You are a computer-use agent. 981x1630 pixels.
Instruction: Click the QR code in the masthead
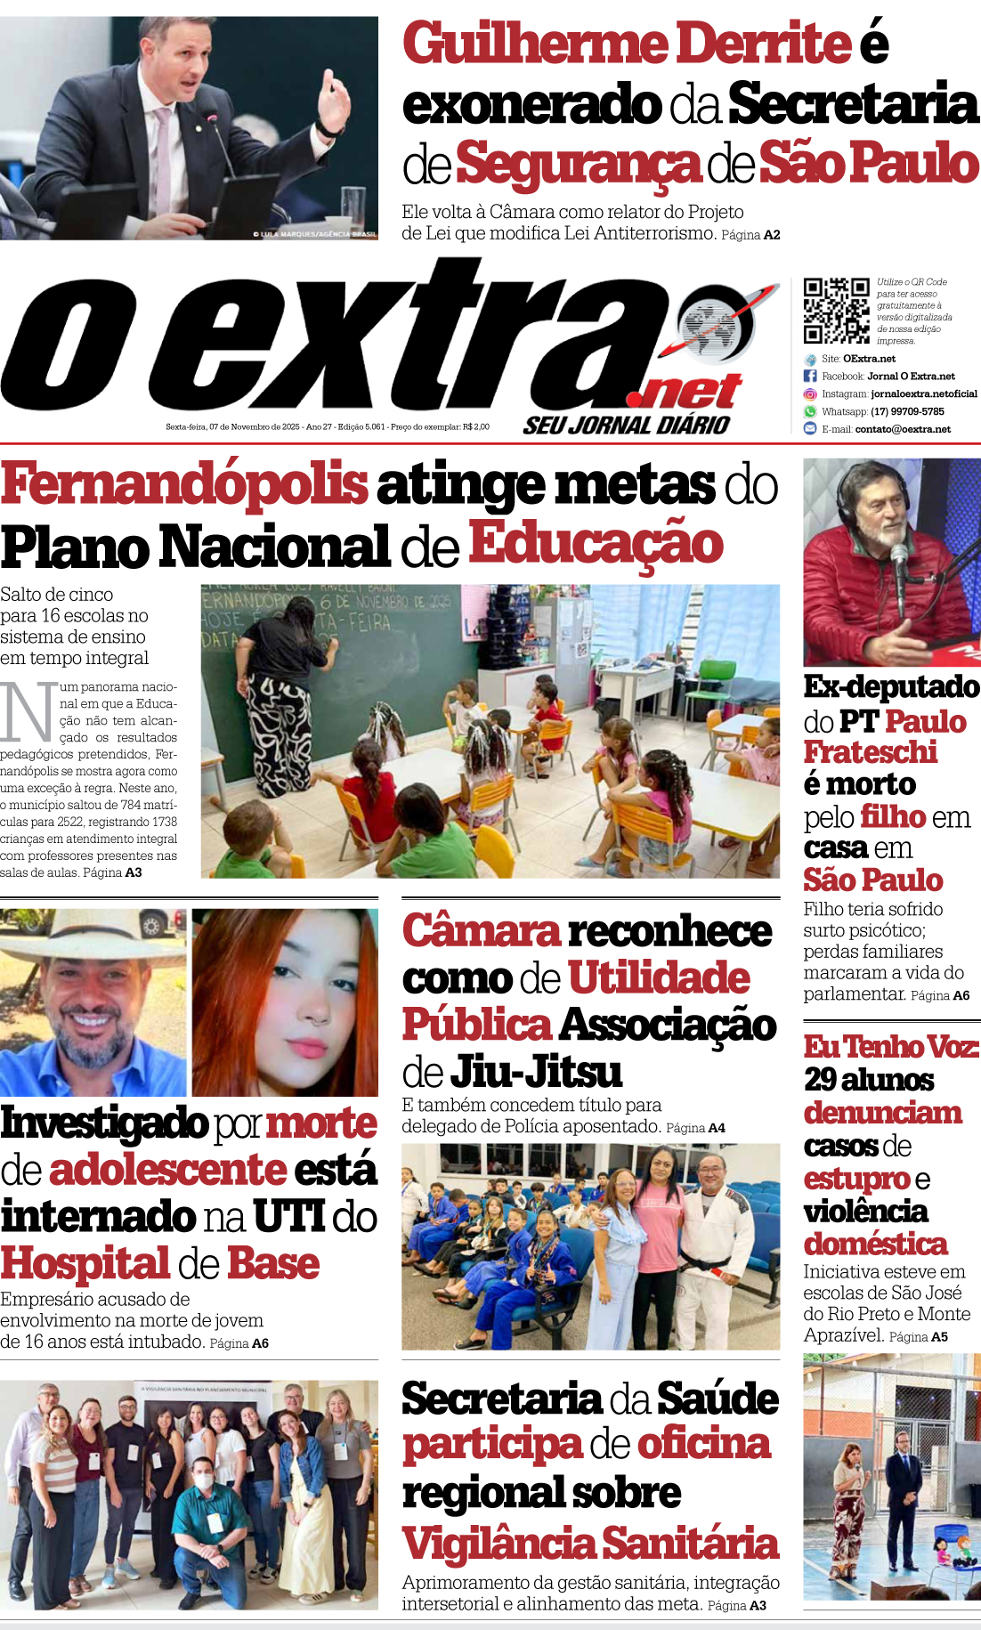tap(836, 311)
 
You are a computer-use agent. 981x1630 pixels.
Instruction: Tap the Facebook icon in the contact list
tap(810, 377)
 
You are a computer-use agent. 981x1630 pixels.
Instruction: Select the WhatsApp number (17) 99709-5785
tap(907, 411)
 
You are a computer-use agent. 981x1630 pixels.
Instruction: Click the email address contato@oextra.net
tap(903, 429)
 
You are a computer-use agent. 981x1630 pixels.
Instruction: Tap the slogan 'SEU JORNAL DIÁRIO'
tap(627, 426)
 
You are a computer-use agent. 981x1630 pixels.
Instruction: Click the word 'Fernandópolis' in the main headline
tap(184, 484)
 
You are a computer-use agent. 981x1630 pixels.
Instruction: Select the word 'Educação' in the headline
tap(596, 544)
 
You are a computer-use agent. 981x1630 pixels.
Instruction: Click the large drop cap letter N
tap(27, 713)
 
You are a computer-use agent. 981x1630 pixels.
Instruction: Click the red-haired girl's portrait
tap(285, 1002)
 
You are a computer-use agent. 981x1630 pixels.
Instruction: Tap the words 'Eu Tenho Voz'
tap(890, 1046)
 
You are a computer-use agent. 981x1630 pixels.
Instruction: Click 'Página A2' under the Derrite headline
tap(750, 235)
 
